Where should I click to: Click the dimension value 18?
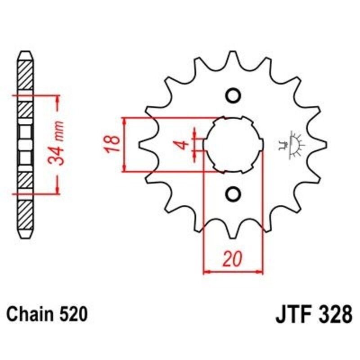(x=113, y=144)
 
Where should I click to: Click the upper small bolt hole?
(x=233, y=95)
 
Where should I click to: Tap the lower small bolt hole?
(x=233, y=194)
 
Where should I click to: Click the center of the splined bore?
(x=233, y=144)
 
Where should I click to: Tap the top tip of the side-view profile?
(x=25, y=51)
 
